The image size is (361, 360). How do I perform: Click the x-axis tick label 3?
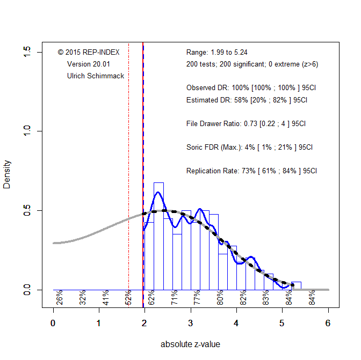coord(191,323)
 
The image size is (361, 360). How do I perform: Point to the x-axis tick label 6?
coord(328,323)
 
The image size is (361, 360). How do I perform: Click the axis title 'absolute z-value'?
coord(190,344)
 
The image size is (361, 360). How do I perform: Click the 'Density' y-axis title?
coord(7,171)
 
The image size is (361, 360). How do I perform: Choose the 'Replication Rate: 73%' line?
coord(251,171)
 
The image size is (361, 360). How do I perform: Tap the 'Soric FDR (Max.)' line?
coord(249,147)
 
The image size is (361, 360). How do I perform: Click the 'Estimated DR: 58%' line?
coord(247,100)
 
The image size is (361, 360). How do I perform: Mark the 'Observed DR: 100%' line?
coord(248,87)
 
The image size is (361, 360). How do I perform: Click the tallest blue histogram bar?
coord(158,236)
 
